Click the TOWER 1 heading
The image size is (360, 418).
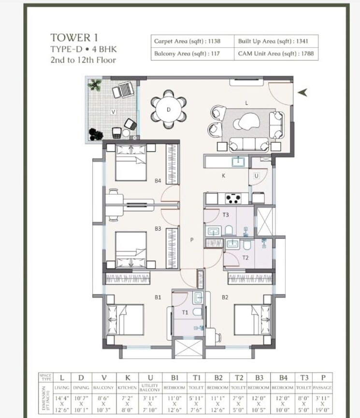(71, 38)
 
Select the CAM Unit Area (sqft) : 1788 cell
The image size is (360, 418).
(276, 54)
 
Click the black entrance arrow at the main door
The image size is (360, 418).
(302, 93)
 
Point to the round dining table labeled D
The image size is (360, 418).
(169, 110)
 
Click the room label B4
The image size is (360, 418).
(158, 181)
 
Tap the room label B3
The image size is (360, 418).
(158, 229)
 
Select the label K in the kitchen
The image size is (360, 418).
(223, 176)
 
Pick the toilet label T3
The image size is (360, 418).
(226, 215)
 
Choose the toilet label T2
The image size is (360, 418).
(245, 258)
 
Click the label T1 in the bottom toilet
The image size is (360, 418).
(185, 313)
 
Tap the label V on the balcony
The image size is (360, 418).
(113, 112)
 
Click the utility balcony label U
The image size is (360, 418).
(256, 176)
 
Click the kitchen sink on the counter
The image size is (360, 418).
(239, 162)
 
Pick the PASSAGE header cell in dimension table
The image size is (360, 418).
(322, 388)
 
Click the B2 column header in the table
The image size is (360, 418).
(218, 377)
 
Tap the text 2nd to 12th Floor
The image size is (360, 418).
(83, 60)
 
